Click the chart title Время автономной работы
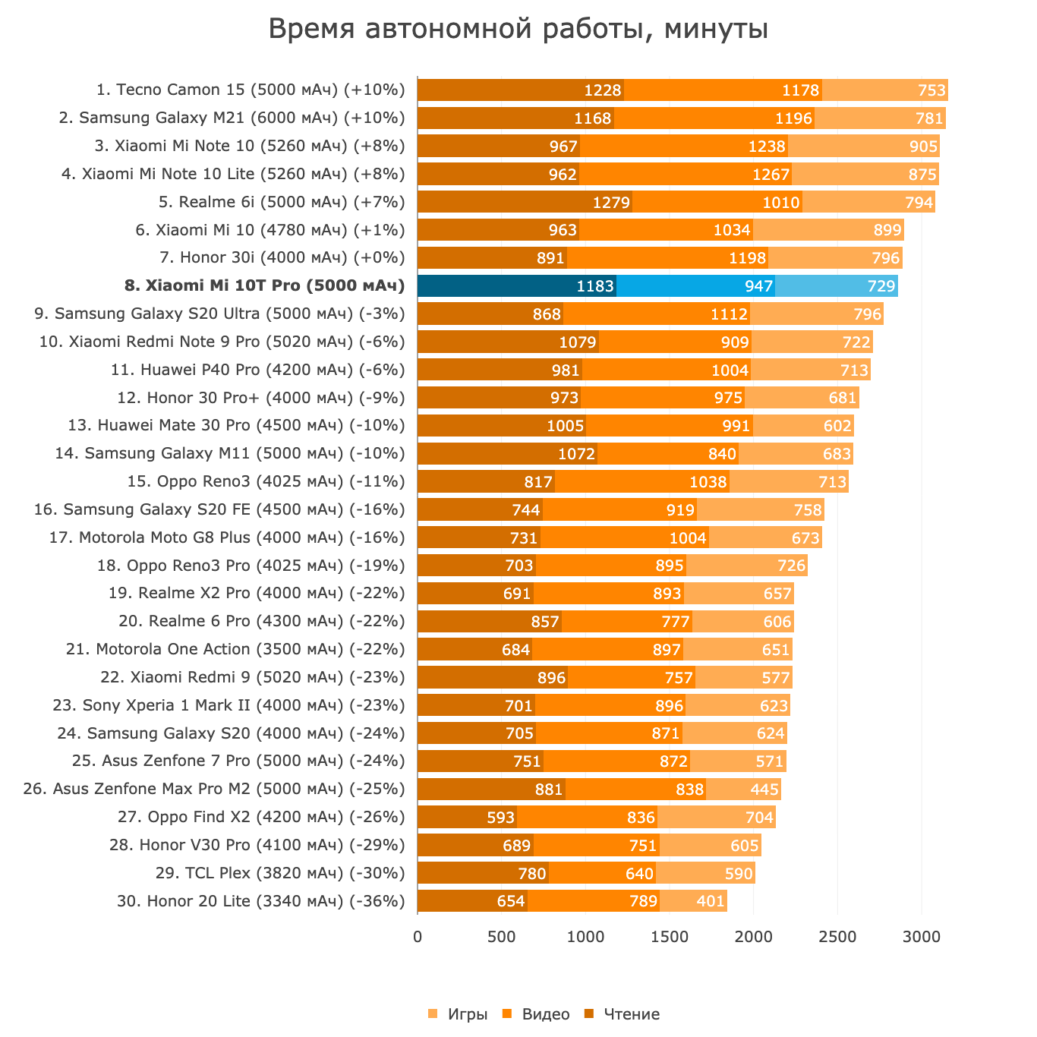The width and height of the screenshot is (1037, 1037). tap(518, 30)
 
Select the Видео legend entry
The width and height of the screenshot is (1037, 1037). tap(545, 1014)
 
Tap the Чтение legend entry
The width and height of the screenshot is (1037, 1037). tap(631, 1014)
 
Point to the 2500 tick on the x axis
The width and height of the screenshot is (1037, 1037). tap(837, 938)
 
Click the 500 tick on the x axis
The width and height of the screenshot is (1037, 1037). tap(501, 938)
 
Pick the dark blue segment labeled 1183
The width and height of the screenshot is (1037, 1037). tap(517, 286)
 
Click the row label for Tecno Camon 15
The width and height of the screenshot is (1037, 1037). tap(251, 90)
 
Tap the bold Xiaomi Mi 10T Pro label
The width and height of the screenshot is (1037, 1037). tap(264, 286)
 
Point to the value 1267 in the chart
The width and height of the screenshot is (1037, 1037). tap(771, 175)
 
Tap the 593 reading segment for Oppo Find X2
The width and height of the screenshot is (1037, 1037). tap(467, 818)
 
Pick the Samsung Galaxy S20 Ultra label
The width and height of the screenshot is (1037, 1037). tap(220, 314)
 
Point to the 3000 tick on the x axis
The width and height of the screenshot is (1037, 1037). tap(922, 938)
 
